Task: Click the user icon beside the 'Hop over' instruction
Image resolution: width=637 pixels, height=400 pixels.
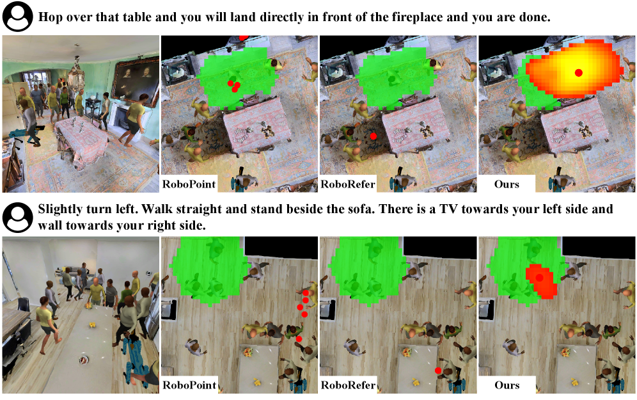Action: pos(17,16)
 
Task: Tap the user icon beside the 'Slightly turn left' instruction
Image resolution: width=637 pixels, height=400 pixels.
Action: pos(17,217)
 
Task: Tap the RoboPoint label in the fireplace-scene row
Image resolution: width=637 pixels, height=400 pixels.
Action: pos(189,184)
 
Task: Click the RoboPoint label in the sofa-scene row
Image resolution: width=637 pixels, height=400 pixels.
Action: pos(189,385)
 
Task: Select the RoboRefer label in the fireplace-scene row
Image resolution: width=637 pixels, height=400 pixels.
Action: pos(348,184)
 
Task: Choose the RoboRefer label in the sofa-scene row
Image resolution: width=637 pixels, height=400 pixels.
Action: pos(348,385)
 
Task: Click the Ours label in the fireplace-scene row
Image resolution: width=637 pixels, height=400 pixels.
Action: pos(507,184)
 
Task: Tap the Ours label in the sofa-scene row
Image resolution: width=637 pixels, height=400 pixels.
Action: pos(507,385)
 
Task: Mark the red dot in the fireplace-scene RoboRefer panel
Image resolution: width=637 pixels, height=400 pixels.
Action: pos(374,136)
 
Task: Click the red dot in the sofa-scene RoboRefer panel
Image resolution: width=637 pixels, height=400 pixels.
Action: pos(438,371)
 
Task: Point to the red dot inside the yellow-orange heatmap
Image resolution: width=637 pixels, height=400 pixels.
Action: pos(579,73)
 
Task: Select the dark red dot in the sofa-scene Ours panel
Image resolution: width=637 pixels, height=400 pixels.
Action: pos(540,278)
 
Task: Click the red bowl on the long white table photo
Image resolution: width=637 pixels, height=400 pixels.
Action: pos(84,360)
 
